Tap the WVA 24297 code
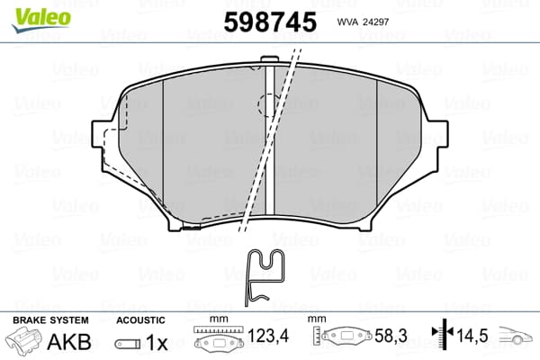(362, 22)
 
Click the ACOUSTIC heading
(140, 320)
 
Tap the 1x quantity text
(156, 343)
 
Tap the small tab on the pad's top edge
(269, 62)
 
